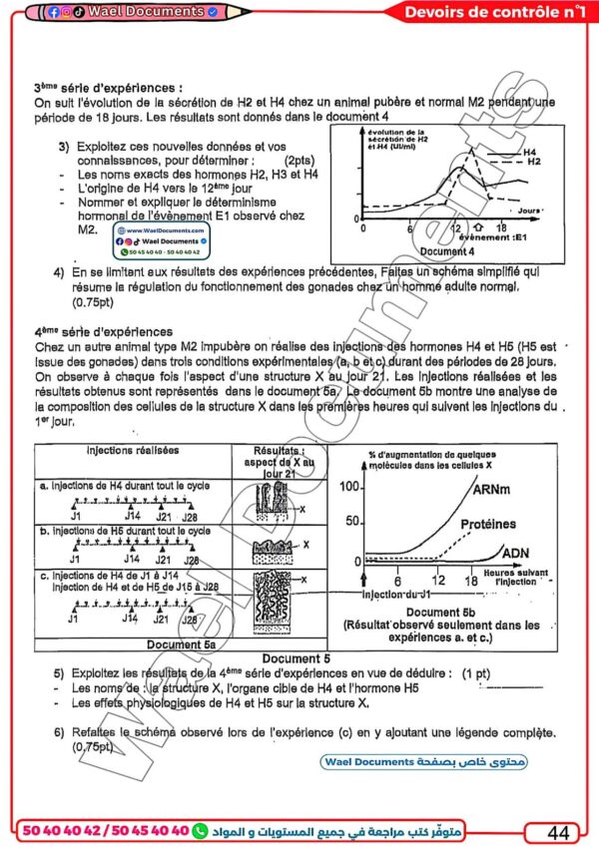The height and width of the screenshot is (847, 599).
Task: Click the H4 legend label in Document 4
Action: click(x=529, y=151)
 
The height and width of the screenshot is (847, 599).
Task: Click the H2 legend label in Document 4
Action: click(x=534, y=162)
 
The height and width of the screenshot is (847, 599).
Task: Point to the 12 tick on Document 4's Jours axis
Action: click(x=454, y=227)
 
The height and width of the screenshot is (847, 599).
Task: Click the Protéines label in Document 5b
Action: click(x=488, y=524)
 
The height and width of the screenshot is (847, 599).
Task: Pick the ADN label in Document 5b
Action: click(x=516, y=553)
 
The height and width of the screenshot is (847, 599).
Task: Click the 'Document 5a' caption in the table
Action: click(x=180, y=644)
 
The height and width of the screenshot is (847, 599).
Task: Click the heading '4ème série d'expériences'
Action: click(x=103, y=332)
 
